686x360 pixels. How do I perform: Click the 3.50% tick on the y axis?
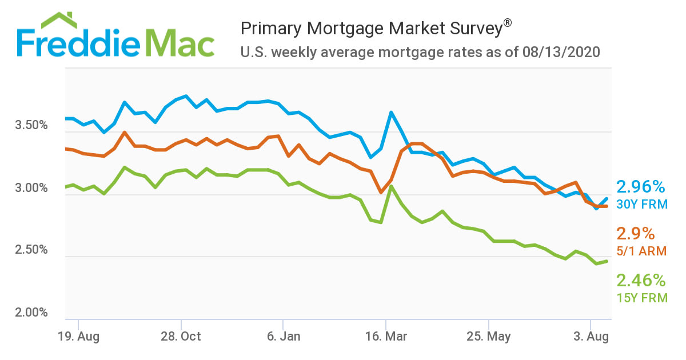click(x=30, y=125)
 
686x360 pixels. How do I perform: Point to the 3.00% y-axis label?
click(x=30, y=188)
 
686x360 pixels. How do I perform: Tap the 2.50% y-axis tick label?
click(x=30, y=250)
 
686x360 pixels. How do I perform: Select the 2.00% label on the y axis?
click(x=30, y=313)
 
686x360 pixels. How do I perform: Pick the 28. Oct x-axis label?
click(x=181, y=337)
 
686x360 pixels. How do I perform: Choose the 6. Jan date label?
click(x=283, y=337)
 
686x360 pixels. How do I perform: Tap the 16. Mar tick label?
click(x=386, y=337)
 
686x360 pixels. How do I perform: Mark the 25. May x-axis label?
click(x=489, y=337)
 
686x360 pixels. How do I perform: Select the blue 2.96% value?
click(x=641, y=187)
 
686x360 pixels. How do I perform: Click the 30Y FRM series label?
click(x=642, y=204)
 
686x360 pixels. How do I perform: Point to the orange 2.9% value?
click(x=635, y=233)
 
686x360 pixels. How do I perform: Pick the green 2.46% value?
click(x=641, y=280)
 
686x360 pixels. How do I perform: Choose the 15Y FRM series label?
click(x=642, y=297)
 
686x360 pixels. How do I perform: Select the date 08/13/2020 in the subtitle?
click(x=561, y=53)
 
